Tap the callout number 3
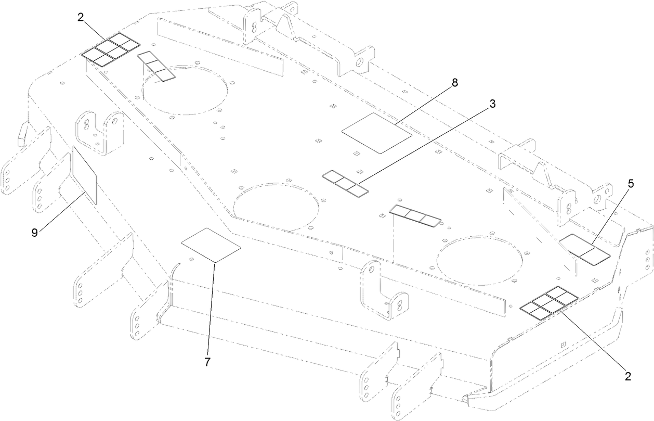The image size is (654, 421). [x=492, y=104]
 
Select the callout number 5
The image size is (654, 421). [x=631, y=185]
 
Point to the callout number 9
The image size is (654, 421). [x=35, y=233]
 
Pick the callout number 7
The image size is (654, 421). [x=207, y=362]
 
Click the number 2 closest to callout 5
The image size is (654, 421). [x=628, y=377]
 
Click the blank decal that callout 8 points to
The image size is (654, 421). [x=377, y=133]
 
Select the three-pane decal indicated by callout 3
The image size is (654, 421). [x=345, y=183]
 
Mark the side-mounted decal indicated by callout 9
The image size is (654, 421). [x=84, y=174]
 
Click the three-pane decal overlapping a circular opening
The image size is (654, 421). [x=156, y=66]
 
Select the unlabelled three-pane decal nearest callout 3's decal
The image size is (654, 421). [x=415, y=216]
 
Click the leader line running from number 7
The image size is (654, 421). [x=211, y=307]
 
